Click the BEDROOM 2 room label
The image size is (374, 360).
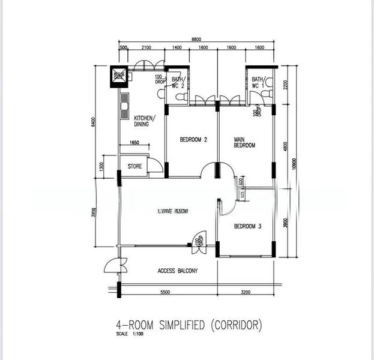[193, 140]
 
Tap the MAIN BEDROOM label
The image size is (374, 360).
[244, 142]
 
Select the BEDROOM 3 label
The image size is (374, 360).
[247, 226]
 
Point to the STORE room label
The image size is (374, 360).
[134, 166]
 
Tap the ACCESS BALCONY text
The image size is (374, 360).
[178, 271]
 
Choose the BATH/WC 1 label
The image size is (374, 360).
[259, 83]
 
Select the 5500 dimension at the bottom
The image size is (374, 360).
[165, 292]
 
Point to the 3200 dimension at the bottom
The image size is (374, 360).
[247, 292]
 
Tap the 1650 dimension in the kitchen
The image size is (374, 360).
[133, 143]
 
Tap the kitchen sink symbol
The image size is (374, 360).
[124, 108]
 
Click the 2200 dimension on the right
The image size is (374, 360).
[286, 84]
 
